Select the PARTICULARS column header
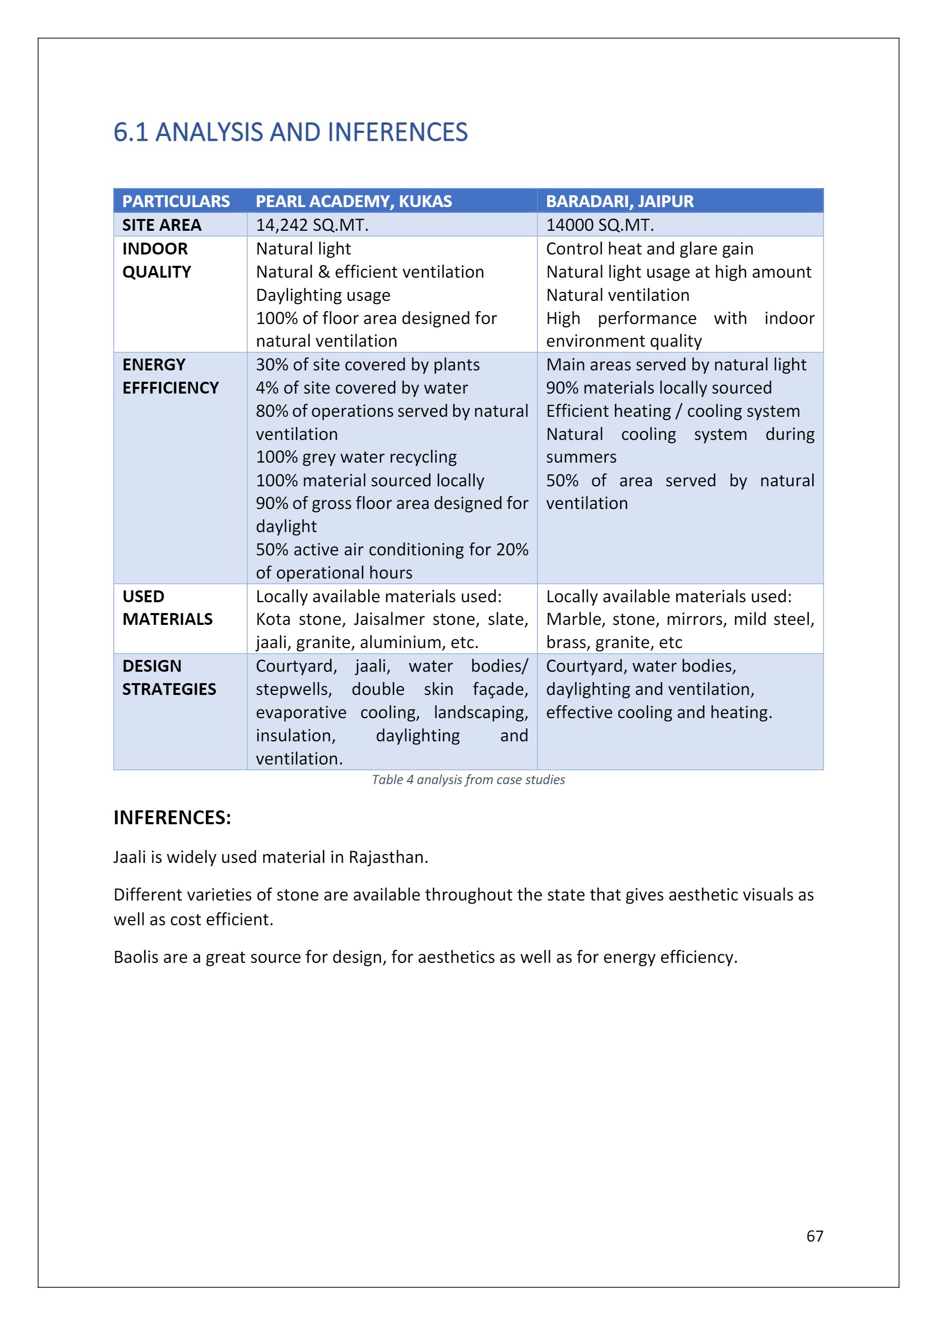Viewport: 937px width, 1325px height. point(176,201)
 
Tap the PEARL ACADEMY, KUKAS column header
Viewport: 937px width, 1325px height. point(354,201)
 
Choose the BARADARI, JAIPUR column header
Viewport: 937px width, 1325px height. point(620,201)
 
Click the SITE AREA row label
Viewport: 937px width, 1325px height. point(162,225)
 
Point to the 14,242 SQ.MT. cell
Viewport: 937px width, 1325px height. point(312,225)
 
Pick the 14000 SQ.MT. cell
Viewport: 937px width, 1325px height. point(600,225)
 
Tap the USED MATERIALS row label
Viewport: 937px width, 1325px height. point(167,608)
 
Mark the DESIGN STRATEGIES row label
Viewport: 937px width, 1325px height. point(169,677)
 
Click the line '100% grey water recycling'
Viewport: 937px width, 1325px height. point(356,457)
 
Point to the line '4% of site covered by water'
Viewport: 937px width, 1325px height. point(362,388)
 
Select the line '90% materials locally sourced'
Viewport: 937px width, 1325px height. point(659,388)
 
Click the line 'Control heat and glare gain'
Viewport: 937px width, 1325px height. point(650,249)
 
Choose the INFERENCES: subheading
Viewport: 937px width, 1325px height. point(172,818)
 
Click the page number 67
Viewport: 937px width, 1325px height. point(815,1236)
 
